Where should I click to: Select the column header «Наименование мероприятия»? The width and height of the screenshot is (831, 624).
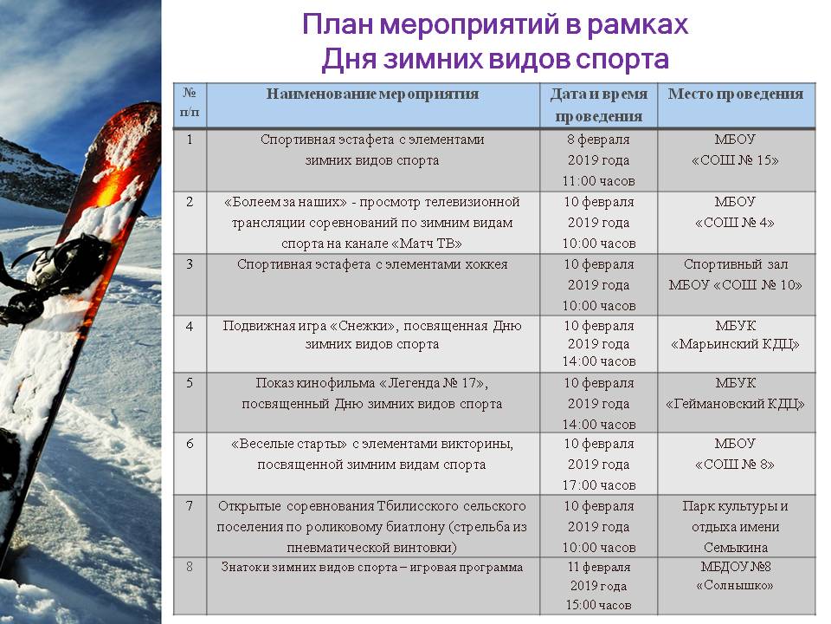tap(372, 94)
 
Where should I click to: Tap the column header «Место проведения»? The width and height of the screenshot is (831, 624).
tap(736, 94)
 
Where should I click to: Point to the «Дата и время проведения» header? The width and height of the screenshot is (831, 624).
tap(598, 105)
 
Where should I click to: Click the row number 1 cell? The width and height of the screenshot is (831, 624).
tap(190, 139)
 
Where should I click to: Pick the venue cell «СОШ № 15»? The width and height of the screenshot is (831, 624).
tap(736, 160)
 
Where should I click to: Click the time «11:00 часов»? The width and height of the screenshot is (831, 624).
tap(598, 181)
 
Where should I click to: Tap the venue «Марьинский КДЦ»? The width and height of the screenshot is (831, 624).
tap(736, 345)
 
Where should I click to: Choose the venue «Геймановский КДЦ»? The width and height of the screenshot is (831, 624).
tap(736, 404)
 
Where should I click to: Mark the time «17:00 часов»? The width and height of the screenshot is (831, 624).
tap(598, 485)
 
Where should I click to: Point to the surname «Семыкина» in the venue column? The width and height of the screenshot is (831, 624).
tap(736, 547)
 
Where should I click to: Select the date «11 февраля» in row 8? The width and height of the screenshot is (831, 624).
tap(598, 568)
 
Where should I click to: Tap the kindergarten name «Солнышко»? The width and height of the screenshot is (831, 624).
tap(736, 585)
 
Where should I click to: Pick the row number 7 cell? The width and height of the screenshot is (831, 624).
tap(190, 506)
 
